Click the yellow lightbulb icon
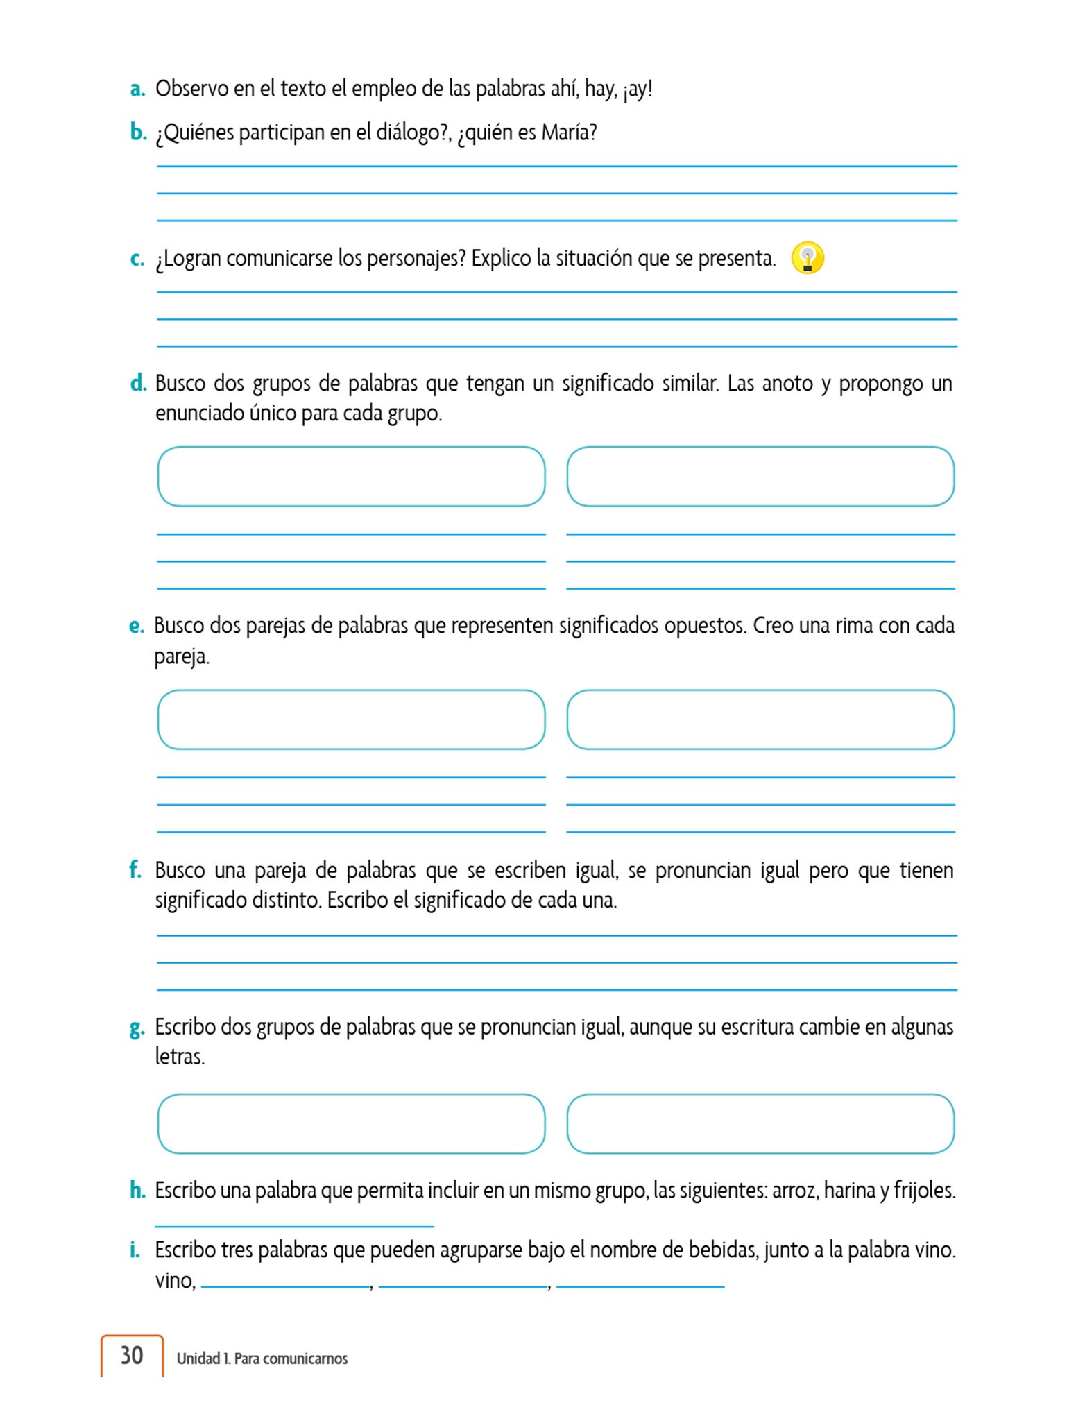(808, 258)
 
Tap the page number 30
(132, 1355)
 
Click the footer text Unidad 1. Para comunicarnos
(262, 1359)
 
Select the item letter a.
(137, 90)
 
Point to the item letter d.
(138, 383)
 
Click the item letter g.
(137, 1028)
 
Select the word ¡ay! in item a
(638, 90)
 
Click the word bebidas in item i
(722, 1250)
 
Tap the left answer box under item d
(351, 476)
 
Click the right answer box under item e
(760, 720)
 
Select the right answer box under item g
(760, 1123)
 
